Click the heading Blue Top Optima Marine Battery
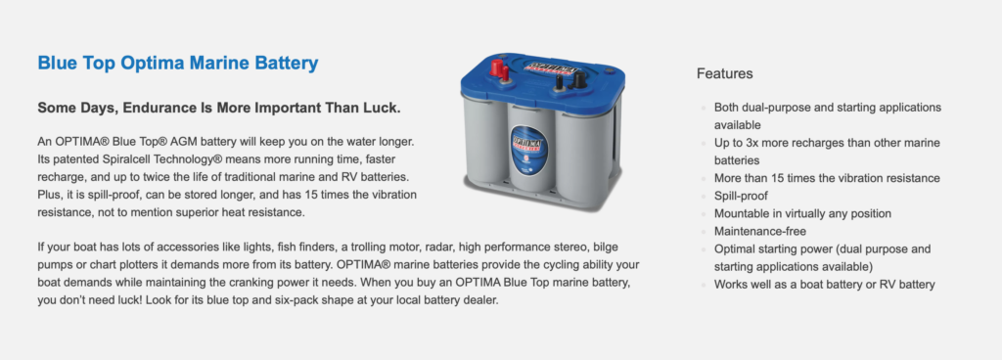point(178,64)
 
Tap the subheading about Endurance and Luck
point(219,108)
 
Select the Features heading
point(725,73)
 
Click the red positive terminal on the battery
point(497,67)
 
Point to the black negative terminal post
point(578,80)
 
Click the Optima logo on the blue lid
point(552,67)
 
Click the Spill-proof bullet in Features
point(742,196)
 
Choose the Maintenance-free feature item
point(760,231)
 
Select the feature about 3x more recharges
point(827,152)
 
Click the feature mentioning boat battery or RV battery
point(824,285)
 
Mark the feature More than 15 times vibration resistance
point(827,178)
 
